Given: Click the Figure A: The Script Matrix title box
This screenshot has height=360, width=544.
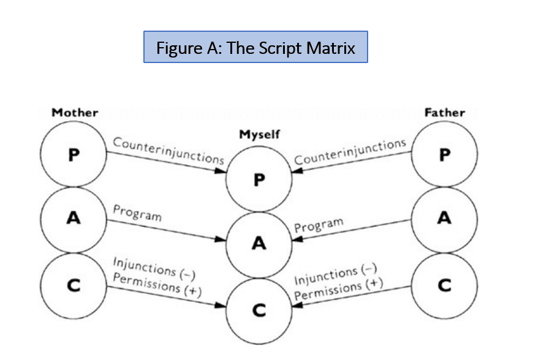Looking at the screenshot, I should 255,47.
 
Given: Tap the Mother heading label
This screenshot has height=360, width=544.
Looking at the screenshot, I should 75,113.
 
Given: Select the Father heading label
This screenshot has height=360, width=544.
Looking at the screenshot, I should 444,113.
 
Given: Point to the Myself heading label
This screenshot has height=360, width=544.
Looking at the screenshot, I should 260,134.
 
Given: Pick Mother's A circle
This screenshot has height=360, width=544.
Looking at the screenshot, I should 74,218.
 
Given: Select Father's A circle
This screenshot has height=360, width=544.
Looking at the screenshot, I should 445,218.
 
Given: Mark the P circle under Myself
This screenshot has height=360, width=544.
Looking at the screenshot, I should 259,180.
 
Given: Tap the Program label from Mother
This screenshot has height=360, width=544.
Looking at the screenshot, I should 137,213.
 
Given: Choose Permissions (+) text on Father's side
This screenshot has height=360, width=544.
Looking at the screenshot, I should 338,289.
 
